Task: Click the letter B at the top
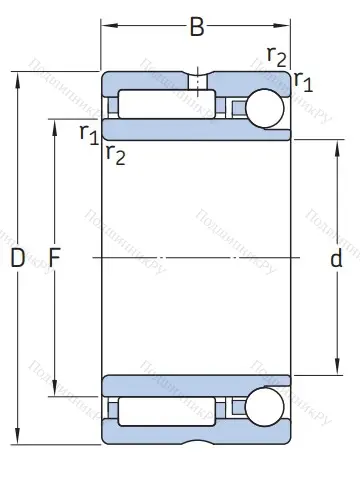[x=197, y=27]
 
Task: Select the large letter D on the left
[x=16, y=259]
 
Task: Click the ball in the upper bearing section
[x=267, y=108]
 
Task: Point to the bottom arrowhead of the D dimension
[x=16, y=441]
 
